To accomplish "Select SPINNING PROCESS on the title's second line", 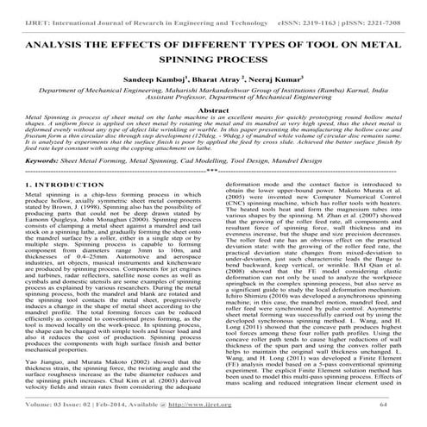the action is [x=213, y=57].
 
